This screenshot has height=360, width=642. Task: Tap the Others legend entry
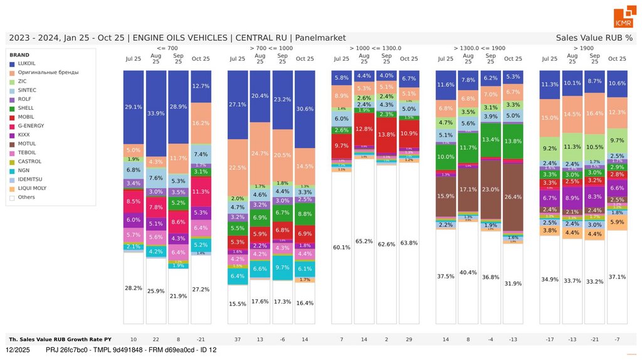[x=26, y=197]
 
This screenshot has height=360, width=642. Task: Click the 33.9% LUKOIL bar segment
[x=157, y=114]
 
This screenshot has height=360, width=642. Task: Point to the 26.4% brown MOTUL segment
[x=513, y=197]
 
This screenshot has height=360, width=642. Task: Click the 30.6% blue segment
[x=305, y=109]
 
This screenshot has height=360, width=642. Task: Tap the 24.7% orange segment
[x=260, y=153]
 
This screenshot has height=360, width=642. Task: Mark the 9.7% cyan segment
[x=282, y=267]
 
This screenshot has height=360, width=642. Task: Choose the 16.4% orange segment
[x=595, y=114]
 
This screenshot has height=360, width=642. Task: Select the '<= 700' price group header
[x=167, y=48]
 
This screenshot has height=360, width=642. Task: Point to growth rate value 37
[x=238, y=339]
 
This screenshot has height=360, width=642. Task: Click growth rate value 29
[x=409, y=339]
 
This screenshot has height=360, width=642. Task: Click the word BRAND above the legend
[x=19, y=55]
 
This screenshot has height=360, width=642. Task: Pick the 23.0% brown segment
[x=491, y=189]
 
